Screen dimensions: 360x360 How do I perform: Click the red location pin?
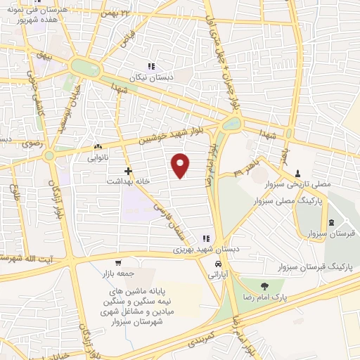pyautogui.click(x=181, y=165)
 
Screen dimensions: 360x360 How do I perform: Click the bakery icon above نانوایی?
pyautogui.click(x=98, y=146)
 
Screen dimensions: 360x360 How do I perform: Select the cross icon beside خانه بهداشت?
pyautogui.click(x=128, y=170)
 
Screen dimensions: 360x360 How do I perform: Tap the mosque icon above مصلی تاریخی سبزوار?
pyautogui.click(x=297, y=172)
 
